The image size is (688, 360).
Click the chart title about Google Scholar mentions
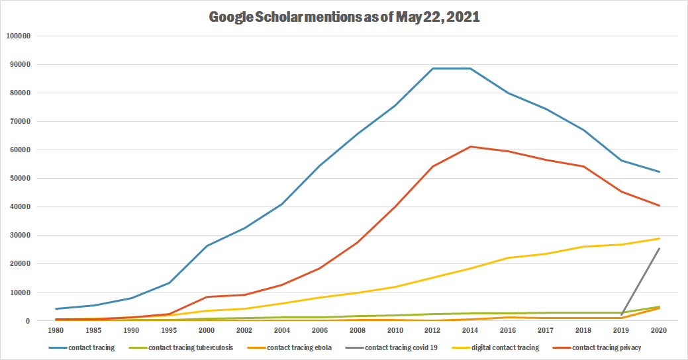[344, 18]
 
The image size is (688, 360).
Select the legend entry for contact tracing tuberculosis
[190, 347]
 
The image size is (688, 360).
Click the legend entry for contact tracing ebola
[299, 347]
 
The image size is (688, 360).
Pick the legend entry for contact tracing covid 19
[402, 347]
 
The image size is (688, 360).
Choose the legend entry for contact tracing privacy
[606, 347]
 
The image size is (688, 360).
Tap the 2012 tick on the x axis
[432, 330]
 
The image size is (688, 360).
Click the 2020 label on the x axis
[659, 330]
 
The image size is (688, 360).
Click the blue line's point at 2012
[432, 68]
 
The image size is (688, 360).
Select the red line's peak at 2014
[470, 146]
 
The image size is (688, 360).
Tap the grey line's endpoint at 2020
[659, 248]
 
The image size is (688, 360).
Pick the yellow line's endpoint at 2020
[659, 238]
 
